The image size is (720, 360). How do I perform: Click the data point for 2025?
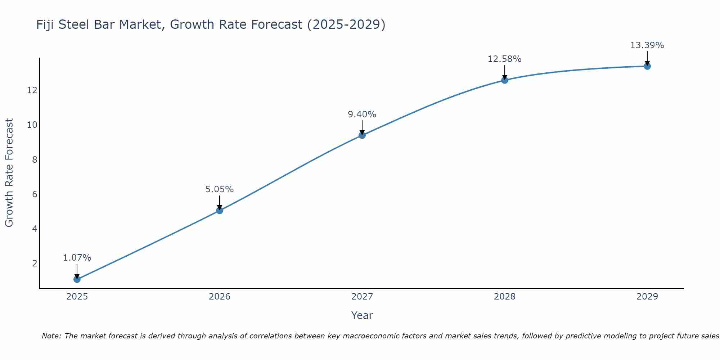pyautogui.click(x=77, y=279)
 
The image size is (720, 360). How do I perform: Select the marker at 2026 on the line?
pyautogui.click(x=219, y=210)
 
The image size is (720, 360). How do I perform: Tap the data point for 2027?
pyautogui.click(x=362, y=135)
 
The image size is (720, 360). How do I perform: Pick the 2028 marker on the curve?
pyautogui.click(x=504, y=80)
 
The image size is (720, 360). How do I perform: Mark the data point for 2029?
pyautogui.click(x=647, y=66)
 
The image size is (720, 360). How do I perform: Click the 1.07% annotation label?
pyautogui.click(x=77, y=258)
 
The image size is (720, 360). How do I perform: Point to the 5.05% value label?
pyautogui.click(x=219, y=189)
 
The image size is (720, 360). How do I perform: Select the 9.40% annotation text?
pyautogui.click(x=362, y=114)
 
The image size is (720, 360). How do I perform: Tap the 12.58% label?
pyautogui.click(x=504, y=59)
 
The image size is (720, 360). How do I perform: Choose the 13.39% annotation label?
pyautogui.click(x=647, y=45)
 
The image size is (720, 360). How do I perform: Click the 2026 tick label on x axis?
pyautogui.click(x=219, y=297)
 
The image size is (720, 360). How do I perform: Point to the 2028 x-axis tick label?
pyautogui.click(x=504, y=297)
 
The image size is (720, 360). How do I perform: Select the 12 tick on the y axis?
pyautogui.click(x=32, y=90)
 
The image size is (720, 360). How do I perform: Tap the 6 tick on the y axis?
pyautogui.click(x=35, y=194)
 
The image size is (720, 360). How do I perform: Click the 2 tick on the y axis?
pyautogui.click(x=35, y=264)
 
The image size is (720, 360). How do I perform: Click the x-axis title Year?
pyautogui.click(x=362, y=315)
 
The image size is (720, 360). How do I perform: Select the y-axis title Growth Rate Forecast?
pyautogui.click(x=9, y=173)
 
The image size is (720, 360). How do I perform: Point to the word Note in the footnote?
pyautogui.click(x=51, y=336)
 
